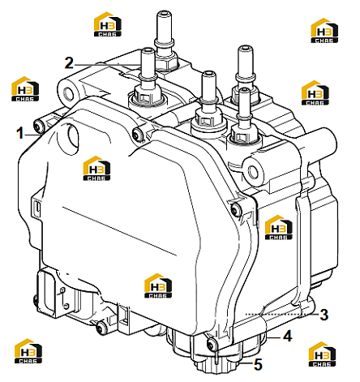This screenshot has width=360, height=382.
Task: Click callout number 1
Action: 19,134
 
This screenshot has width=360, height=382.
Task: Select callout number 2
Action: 69,63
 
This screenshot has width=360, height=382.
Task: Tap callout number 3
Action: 324,315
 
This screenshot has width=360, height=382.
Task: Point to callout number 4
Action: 288,337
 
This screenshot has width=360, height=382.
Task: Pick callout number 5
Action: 258,364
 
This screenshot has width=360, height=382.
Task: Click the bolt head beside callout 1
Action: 39,126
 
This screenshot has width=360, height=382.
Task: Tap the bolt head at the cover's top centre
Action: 137,133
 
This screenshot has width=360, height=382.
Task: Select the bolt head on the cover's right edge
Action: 237,208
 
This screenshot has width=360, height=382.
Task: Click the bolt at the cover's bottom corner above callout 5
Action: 212,344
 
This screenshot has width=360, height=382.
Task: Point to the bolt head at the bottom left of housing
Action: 101,328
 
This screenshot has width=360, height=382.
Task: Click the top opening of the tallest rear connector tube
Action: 163,13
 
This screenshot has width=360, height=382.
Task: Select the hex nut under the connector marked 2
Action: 146,95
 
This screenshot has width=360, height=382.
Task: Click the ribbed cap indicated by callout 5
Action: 216,366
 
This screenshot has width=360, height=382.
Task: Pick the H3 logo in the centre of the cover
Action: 96,168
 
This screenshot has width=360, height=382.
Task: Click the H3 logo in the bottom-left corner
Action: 28,351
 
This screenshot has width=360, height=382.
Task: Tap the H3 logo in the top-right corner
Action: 324,31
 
